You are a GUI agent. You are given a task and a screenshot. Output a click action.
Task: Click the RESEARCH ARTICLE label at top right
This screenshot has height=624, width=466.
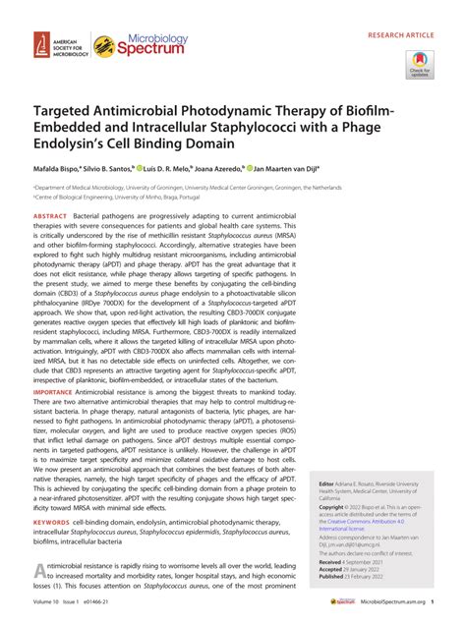click(412, 18)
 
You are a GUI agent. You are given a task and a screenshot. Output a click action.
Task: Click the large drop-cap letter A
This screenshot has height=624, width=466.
click(41, 575)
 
